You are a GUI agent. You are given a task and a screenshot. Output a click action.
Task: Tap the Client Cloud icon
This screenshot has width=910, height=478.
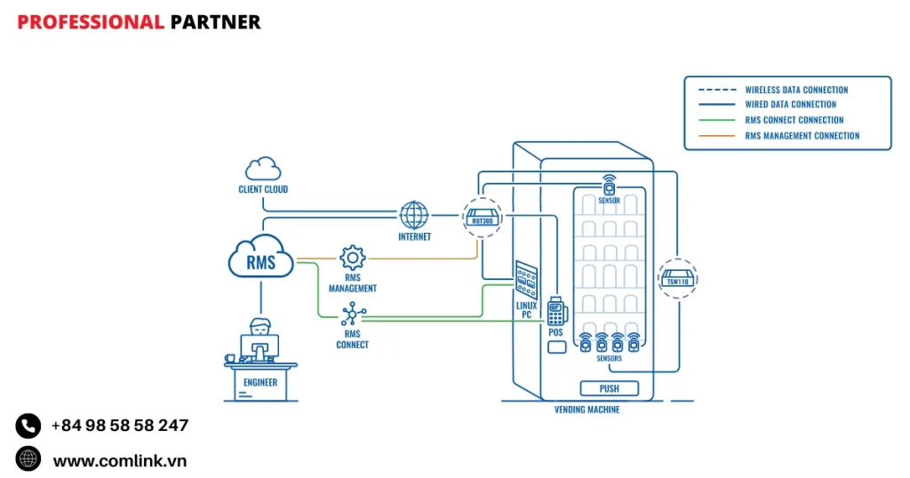[263, 168]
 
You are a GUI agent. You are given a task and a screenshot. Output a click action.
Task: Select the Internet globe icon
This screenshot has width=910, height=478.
[413, 216]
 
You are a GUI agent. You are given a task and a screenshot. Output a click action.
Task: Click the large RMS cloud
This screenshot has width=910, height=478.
[261, 257]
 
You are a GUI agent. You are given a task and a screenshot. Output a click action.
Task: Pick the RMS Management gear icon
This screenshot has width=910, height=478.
[353, 259]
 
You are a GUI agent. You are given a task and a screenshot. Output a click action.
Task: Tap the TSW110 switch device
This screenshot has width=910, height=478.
[678, 279]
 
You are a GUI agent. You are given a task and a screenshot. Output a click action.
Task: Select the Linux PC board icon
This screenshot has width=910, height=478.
[527, 281]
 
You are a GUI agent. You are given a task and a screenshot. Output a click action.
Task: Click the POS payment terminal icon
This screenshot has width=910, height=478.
[557, 311]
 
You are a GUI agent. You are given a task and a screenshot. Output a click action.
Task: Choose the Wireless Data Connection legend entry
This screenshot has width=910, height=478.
[795, 90]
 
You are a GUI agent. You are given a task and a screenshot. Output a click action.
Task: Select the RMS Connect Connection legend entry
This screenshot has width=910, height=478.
[794, 120]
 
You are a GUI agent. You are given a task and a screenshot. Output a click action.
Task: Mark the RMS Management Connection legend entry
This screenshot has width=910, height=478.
[802, 136]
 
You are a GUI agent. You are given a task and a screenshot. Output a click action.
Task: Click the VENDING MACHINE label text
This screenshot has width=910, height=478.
[587, 410]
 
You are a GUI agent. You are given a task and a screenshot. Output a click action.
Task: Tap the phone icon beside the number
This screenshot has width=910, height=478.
[28, 426]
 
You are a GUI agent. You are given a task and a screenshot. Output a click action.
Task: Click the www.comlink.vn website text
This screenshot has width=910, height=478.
[119, 460]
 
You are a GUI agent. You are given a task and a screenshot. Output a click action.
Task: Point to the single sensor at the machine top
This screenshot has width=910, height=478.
[609, 186]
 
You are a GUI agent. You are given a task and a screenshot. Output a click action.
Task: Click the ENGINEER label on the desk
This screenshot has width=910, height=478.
[260, 383]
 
